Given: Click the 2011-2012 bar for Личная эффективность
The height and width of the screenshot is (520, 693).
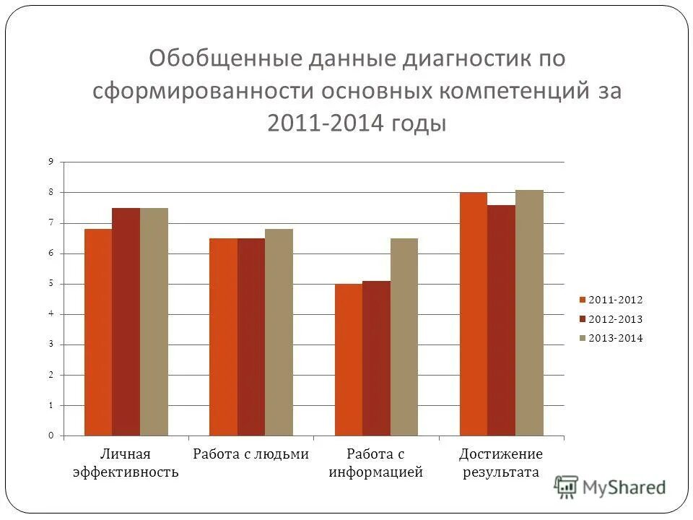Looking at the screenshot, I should [x=98, y=332].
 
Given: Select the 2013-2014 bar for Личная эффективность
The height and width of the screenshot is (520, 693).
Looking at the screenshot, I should [x=154, y=322].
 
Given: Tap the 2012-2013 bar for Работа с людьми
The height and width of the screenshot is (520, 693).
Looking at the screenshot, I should [x=251, y=337].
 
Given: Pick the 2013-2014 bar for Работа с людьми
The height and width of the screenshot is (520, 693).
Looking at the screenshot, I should [x=279, y=332].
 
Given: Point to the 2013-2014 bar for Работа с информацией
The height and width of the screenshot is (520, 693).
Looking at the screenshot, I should [x=404, y=337].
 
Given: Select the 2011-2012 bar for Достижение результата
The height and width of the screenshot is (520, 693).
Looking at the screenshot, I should [x=474, y=314].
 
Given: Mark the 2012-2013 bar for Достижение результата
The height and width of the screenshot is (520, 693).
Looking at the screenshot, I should [x=501, y=321].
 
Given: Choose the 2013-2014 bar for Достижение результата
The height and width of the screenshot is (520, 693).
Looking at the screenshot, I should [x=529, y=313].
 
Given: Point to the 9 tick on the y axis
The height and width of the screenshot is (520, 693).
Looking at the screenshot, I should [x=51, y=162].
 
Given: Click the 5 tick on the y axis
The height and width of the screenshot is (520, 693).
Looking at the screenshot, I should [x=51, y=284].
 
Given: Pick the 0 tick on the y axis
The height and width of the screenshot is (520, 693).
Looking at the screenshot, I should [x=51, y=435].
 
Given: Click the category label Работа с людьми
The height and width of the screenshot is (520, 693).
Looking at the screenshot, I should [x=251, y=454].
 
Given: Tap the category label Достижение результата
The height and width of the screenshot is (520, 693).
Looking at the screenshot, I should [x=501, y=463].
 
